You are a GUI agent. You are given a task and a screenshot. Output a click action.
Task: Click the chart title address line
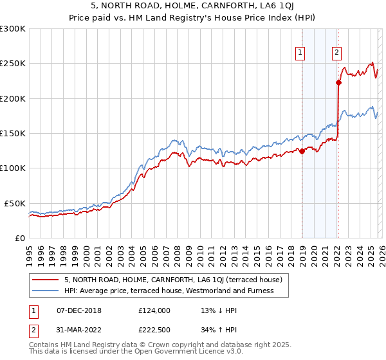pos(193,6)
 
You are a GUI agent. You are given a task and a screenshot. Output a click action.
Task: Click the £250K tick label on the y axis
pos(13,64)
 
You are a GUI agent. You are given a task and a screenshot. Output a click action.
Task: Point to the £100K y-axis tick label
pos(13,168)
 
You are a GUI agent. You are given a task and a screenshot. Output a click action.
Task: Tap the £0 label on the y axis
pos(20,238)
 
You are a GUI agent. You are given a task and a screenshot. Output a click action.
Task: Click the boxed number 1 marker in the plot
pos(301,53)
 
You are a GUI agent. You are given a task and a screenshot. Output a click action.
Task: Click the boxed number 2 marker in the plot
pos(336,53)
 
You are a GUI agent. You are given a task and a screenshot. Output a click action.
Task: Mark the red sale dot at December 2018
pos(302,152)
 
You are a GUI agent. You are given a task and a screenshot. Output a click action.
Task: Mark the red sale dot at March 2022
pos(338,82)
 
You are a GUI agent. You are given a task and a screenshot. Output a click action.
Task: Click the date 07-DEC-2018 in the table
pos(79,310)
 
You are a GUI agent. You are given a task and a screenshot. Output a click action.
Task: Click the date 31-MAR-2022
pos(79,330)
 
